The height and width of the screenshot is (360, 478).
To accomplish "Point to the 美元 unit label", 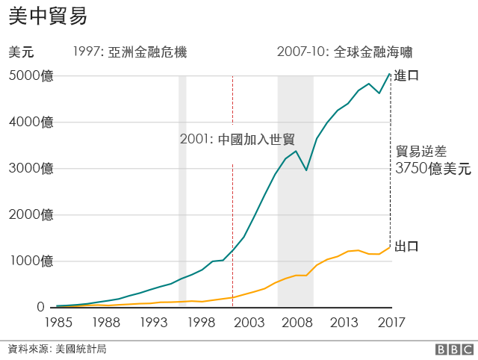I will click(21, 52).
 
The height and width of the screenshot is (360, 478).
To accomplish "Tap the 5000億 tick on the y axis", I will click(31, 75).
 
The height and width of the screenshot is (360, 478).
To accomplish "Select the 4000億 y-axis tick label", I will click(31, 122).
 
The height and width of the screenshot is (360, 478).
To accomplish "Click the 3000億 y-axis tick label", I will click(31, 168).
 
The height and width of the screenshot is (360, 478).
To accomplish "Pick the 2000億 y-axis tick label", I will click(31, 215).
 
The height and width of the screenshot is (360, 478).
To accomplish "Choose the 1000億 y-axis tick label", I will click(31, 261).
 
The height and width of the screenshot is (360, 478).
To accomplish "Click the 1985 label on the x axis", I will click(58, 323).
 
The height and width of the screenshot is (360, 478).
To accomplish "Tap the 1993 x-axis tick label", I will click(155, 323).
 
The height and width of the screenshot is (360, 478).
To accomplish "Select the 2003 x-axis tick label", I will click(249, 323).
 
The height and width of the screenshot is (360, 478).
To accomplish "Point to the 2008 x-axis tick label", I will click(297, 323).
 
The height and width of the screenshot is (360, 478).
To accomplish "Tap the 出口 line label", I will click(407, 246).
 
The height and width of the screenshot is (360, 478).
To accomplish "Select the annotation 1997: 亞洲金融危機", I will click(130, 52).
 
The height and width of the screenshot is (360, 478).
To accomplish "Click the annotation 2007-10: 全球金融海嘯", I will click(344, 52).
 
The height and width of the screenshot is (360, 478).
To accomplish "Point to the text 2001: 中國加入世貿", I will click(238, 140).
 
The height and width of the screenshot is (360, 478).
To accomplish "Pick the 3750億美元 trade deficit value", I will click(433, 169).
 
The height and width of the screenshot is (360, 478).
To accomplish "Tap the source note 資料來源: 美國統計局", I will click(57, 349).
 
